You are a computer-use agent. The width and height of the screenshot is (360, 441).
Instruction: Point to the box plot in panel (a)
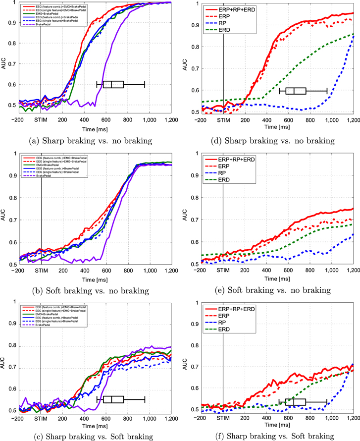113,84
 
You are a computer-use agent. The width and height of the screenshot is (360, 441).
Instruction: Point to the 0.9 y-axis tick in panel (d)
194,24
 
